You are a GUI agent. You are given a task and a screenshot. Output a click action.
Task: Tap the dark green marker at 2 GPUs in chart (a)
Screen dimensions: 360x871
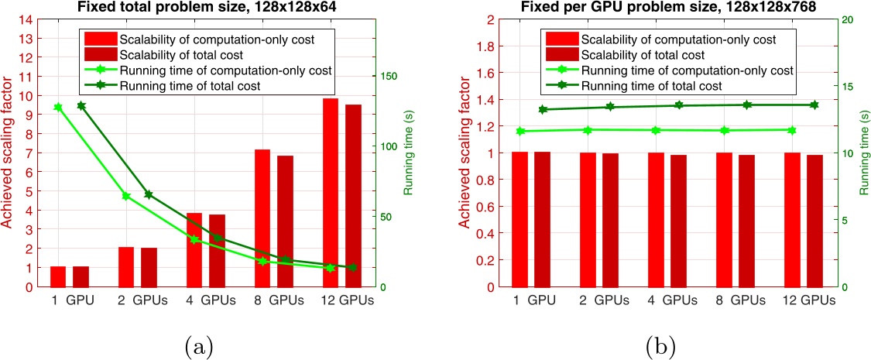[x=149, y=194]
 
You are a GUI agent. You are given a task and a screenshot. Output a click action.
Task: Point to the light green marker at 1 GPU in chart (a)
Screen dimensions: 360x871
[x=57, y=107]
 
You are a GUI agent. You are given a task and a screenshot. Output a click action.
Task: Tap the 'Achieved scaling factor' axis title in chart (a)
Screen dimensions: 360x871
[x=9, y=153]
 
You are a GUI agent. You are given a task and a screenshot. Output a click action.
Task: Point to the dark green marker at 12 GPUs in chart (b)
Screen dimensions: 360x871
[x=814, y=105]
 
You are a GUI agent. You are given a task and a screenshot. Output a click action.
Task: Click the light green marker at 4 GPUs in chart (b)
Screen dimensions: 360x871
[x=657, y=130]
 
